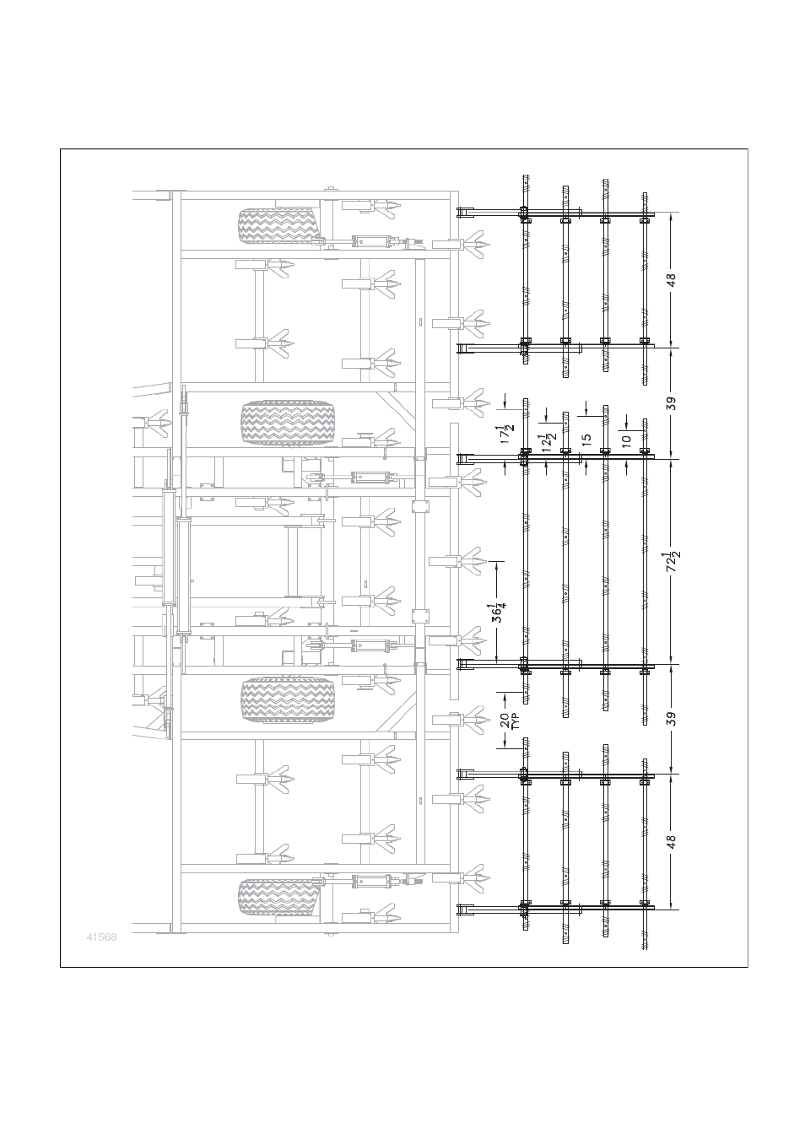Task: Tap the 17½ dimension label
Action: coord(507,435)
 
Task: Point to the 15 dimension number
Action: coord(586,439)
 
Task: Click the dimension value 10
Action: coord(626,440)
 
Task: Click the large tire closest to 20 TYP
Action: coord(289,700)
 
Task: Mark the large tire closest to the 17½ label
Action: coord(289,423)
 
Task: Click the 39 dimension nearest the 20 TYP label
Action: coord(672,719)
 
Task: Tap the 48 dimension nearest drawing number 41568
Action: coord(672,842)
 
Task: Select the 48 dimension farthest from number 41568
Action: coord(672,280)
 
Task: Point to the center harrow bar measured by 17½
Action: coord(526,551)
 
